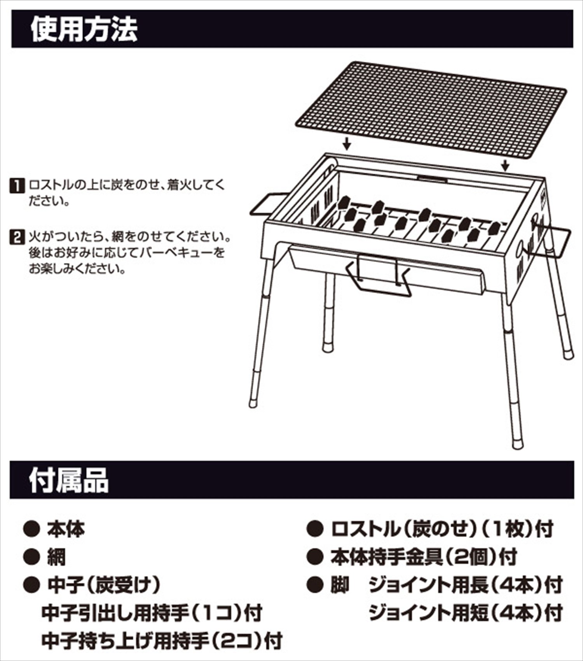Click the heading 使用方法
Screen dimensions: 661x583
(x=84, y=30)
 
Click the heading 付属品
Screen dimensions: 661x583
(x=69, y=481)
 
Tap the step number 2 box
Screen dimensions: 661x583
(x=17, y=237)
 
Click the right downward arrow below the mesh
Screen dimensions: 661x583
(x=505, y=165)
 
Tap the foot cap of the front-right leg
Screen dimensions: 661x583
(x=517, y=444)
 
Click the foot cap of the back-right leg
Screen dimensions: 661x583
(x=569, y=355)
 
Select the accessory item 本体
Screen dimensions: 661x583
(x=66, y=529)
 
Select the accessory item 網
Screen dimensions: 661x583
(x=56, y=557)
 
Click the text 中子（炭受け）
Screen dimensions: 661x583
(x=104, y=585)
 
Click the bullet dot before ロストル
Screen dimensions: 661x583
(x=315, y=529)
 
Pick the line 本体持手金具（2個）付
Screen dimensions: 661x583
(x=424, y=557)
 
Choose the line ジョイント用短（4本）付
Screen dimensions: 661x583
(x=465, y=613)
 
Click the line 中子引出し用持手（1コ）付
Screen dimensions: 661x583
(x=152, y=613)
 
